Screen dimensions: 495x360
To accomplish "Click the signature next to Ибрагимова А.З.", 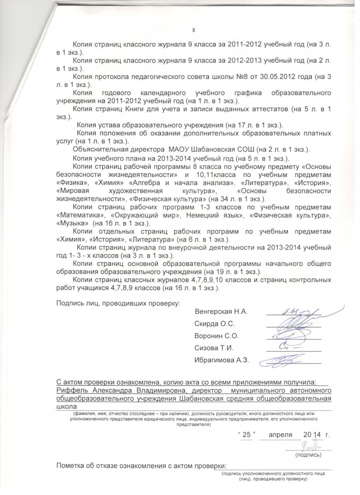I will tap(285, 359).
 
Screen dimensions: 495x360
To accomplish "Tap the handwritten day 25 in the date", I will tap(246, 435).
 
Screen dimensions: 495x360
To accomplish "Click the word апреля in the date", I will tap(281, 435).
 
